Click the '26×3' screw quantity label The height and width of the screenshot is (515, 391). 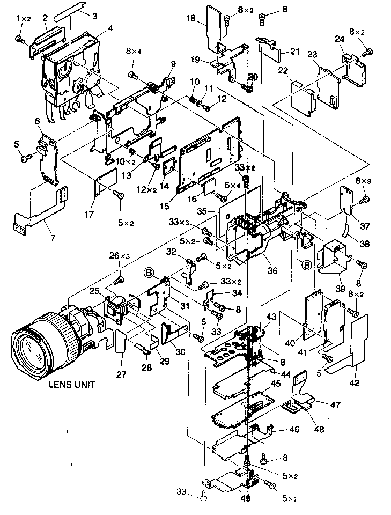point(120,256)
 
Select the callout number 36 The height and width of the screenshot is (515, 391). point(273,271)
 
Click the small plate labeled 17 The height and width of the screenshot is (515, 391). point(106,182)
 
